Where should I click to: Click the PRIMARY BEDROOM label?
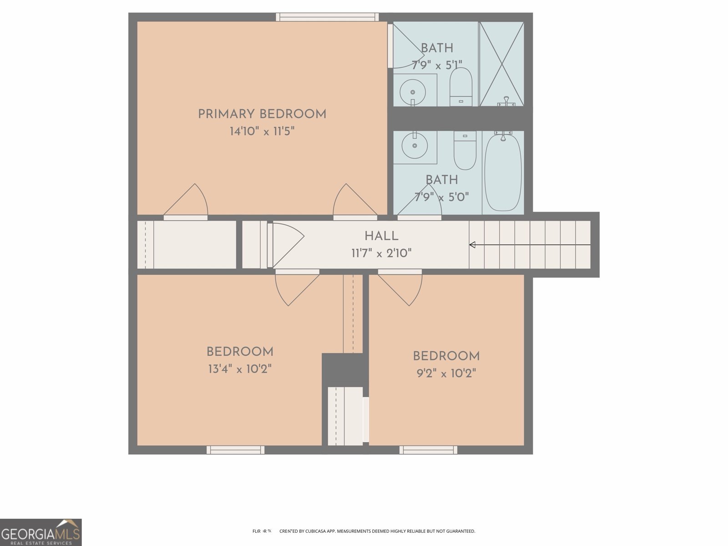[262, 114]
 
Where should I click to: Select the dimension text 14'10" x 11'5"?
[262, 131]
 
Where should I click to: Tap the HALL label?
[381, 236]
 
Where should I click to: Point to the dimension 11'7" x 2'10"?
[381, 253]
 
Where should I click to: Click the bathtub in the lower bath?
[503, 172]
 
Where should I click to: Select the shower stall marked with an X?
[501, 64]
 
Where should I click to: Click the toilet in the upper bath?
[461, 86]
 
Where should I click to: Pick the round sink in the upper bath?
[413, 91]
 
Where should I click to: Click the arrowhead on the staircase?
[472, 245]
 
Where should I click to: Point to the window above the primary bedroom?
[327, 17]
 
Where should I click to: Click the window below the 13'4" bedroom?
[235, 450]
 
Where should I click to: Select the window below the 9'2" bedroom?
[428, 450]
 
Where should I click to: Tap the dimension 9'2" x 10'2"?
[446, 374]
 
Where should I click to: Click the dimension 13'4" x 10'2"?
[240, 369]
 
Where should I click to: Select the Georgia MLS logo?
[41, 532]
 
